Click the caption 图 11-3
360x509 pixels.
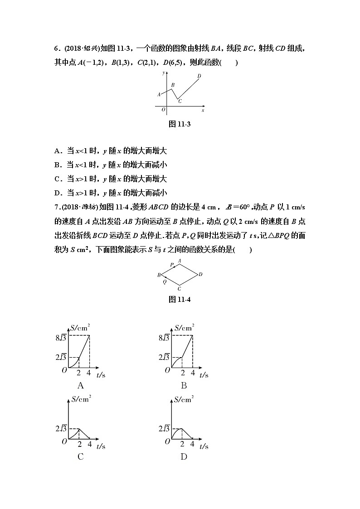point(179,124)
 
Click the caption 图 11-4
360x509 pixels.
point(179,300)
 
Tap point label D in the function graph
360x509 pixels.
point(199,76)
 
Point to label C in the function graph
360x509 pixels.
point(180,101)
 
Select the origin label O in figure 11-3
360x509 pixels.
point(163,109)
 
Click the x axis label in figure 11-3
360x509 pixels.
point(203,110)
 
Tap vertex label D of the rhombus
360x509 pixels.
point(200,274)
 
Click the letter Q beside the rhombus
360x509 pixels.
point(165,281)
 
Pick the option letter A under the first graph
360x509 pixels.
point(81,386)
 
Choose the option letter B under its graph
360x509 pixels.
point(184,386)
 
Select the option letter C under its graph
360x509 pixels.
point(81,456)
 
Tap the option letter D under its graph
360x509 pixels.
point(184,456)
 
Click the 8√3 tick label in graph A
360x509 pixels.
point(62,338)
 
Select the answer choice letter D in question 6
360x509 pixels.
point(57,193)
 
